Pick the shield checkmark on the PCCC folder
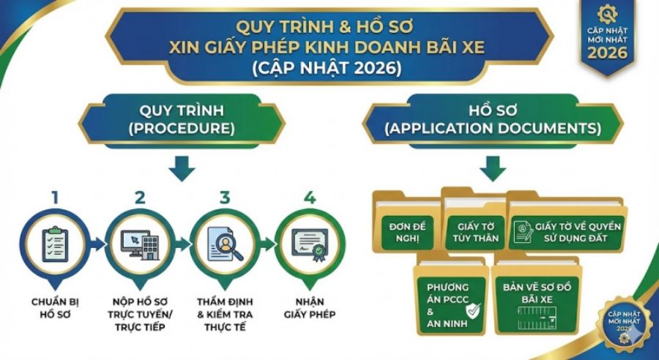(474, 311)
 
